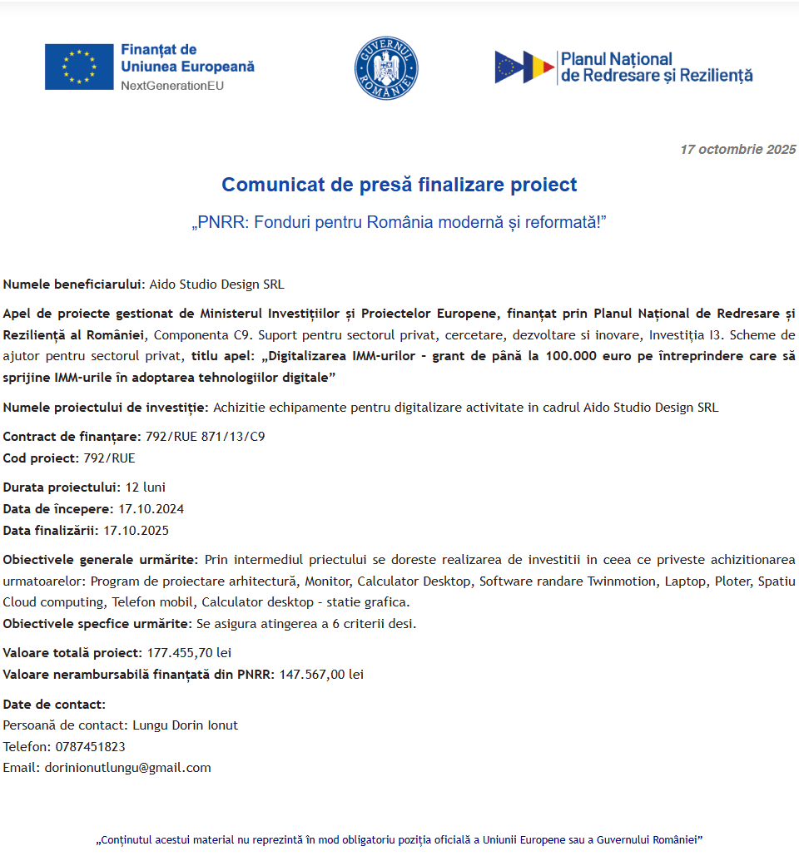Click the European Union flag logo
79,67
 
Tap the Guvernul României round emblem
386,68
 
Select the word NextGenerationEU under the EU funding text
172,86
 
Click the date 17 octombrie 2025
737,150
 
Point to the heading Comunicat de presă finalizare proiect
399,185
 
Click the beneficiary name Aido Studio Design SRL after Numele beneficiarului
216,285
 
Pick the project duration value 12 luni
146,487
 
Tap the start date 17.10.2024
151,508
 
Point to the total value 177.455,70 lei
189,652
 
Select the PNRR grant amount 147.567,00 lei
321,674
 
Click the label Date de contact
54,704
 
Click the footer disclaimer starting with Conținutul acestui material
399,839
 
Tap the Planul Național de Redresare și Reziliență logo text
656,67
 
